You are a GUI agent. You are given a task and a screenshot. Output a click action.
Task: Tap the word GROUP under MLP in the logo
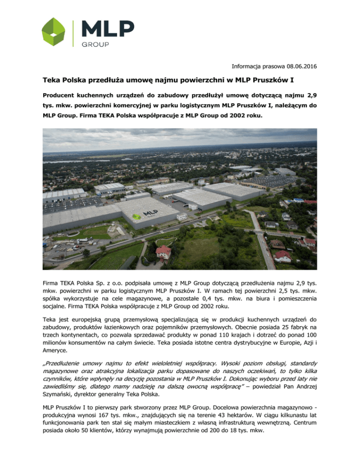coord(96,45)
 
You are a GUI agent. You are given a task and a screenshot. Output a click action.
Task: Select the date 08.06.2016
coord(294,67)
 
